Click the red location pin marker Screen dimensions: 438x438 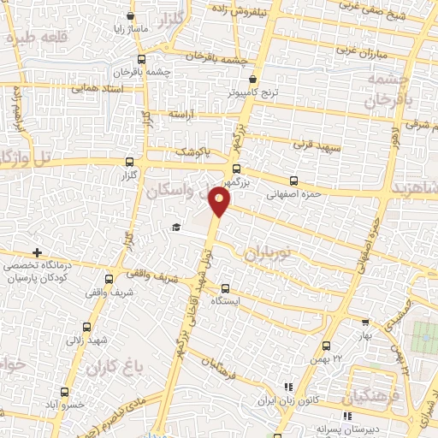221,203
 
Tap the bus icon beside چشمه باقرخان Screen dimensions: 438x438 141,60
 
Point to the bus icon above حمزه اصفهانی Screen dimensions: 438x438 293,181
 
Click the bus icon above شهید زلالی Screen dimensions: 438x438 89,327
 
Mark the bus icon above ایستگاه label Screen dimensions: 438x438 225,288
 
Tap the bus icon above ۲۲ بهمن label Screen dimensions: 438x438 327,346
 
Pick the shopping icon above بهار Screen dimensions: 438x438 365,323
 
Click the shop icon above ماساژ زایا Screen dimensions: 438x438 130,15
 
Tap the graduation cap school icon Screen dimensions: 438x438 175,227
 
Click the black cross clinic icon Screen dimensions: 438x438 37,253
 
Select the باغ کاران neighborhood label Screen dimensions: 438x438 111,368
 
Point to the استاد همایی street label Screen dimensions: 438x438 96,87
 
